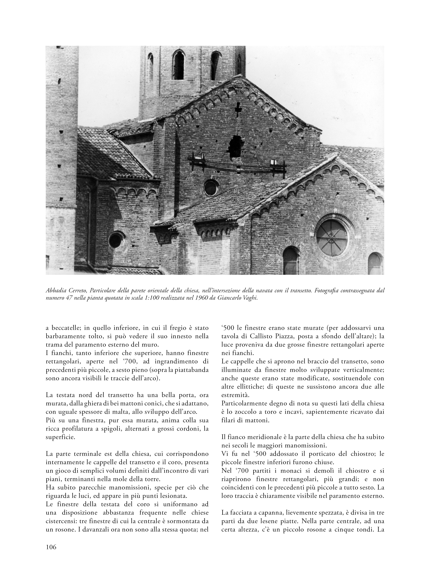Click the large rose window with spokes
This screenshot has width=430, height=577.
click(332, 238)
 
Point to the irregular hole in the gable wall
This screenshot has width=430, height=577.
click(236, 146)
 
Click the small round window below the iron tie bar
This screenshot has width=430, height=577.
click(210, 188)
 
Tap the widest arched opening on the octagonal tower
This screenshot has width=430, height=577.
click(179, 65)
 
